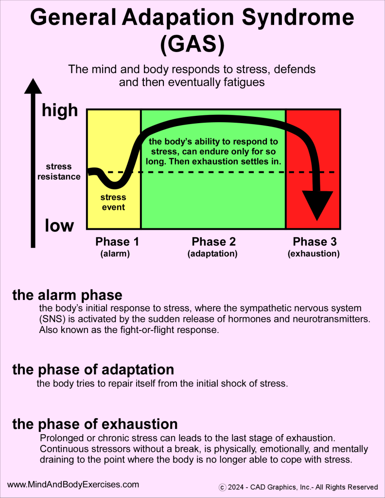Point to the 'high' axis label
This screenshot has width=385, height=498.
tap(60, 110)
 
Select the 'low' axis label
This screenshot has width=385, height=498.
tap(59, 226)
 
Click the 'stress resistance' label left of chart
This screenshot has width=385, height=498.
tap(59, 172)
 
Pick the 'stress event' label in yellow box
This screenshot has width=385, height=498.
tap(113, 203)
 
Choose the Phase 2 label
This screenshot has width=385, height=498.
tap(213, 242)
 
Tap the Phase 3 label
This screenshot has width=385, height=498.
tap(314, 242)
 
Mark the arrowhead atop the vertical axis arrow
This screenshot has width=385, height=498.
tap(33, 86)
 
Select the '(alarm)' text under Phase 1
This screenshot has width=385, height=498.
tap(115, 254)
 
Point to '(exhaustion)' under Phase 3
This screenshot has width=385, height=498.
tap(314, 254)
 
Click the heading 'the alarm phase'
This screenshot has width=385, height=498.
tap(67, 295)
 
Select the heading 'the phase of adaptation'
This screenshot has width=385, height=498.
tap(93, 369)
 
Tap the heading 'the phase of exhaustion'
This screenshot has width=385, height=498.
tap(95, 424)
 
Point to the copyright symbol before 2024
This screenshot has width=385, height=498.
tap(222, 487)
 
